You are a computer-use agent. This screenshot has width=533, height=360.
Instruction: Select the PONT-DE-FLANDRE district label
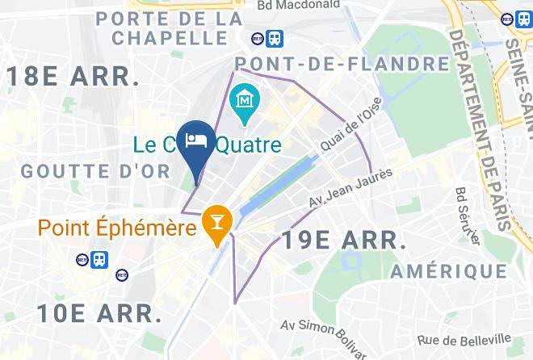point(342,64)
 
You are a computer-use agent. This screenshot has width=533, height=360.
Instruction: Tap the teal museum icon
point(243,101)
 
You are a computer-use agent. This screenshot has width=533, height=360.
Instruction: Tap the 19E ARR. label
point(342,240)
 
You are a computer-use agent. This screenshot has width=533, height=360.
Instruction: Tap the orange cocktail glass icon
point(216,218)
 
